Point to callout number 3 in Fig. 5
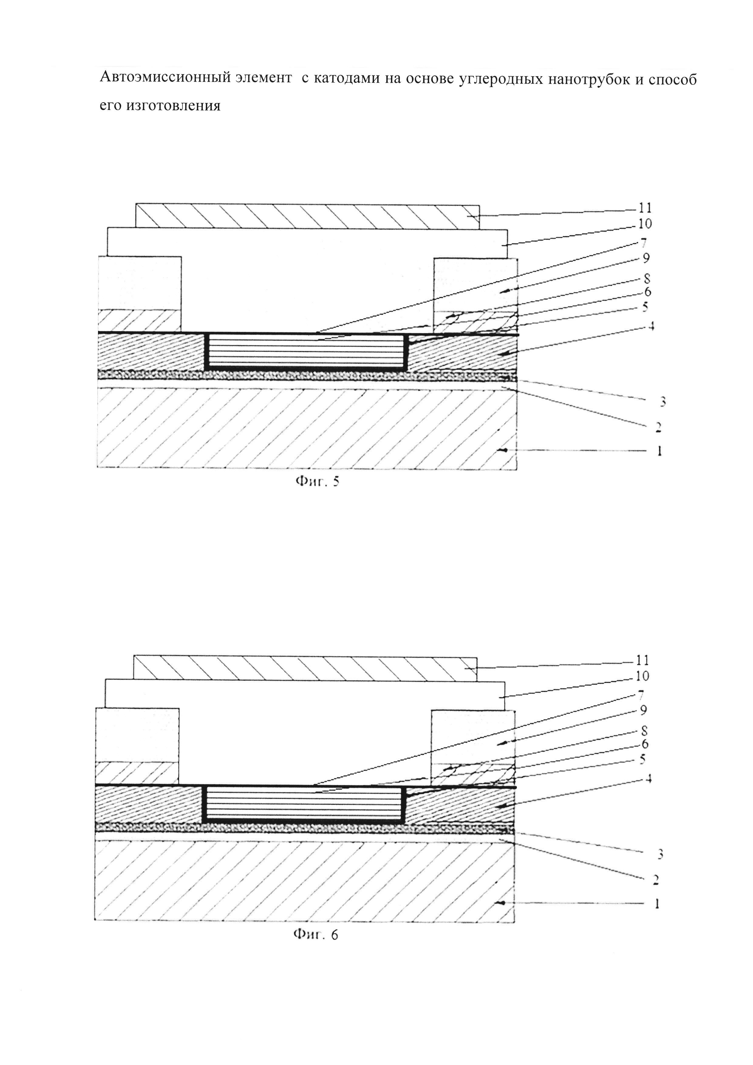pos(663,402)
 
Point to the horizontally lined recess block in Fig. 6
pos(304,804)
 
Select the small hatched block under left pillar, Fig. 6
pos(137,773)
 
